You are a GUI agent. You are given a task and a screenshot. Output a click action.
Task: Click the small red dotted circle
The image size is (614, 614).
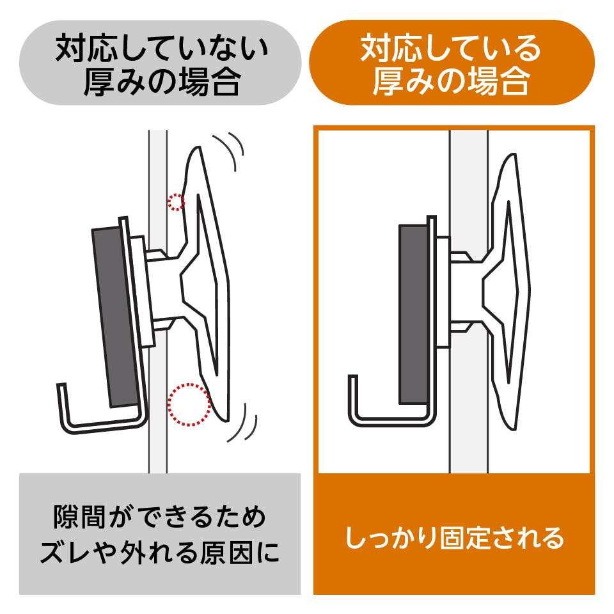tap(176, 202)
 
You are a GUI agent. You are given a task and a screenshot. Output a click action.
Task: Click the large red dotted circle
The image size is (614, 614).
tap(189, 405)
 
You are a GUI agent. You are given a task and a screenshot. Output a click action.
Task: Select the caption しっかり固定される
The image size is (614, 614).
tap(455, 538)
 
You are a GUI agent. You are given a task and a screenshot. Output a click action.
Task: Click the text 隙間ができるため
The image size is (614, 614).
tap(160, 517)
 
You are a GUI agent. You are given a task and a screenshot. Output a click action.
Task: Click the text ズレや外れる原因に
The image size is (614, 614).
tap(160, 553)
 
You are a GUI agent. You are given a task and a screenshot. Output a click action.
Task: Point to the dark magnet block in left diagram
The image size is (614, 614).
tap(115, 317)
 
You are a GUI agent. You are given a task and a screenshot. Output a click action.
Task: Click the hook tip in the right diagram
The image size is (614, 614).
tap(352, 381)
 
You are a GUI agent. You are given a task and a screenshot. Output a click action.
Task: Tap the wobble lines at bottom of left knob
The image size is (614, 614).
tap(246, 425)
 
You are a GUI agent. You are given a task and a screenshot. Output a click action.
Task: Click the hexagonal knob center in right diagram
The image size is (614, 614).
tap(505, 281)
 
